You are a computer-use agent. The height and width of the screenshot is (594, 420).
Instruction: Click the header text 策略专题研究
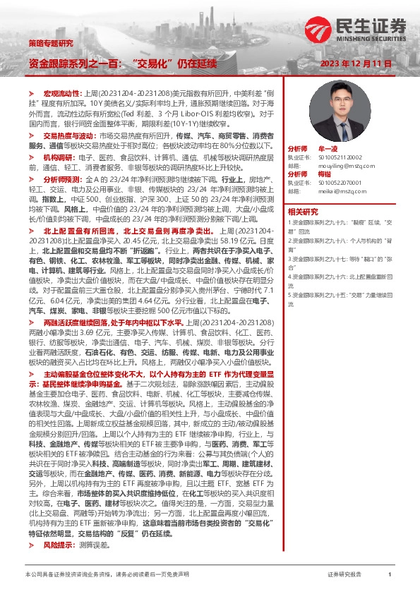click(x=50, y=43)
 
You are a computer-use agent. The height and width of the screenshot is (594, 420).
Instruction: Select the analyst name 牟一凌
click(x=328, y=150)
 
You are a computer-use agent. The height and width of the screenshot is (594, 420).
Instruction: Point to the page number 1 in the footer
click(x=389, y=576)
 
